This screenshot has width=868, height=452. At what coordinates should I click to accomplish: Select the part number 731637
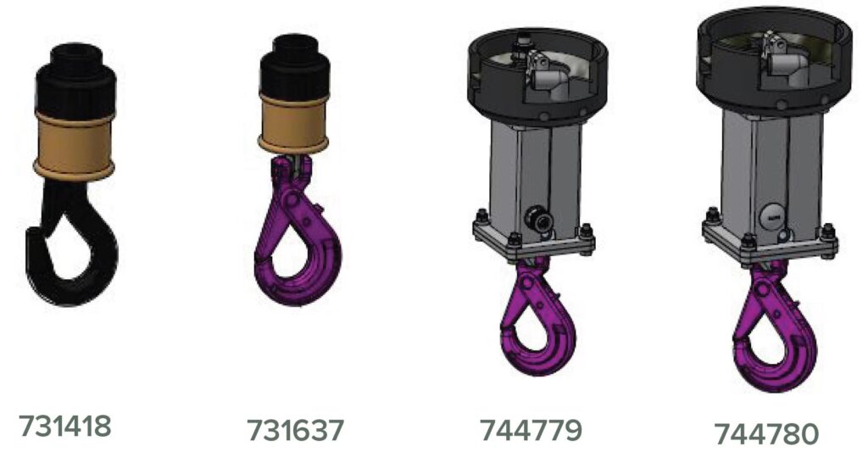click(x=296, y=429)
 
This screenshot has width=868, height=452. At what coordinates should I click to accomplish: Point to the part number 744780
click(x=767, y=433)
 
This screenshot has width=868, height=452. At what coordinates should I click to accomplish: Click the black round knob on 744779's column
click(x=536, y=216)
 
